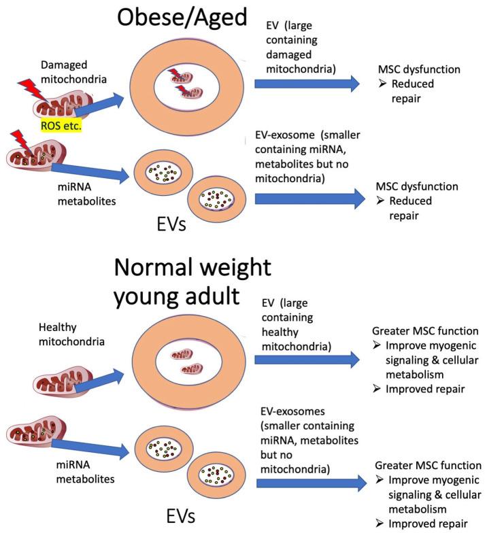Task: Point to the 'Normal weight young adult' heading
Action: click(x=193, y=283)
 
